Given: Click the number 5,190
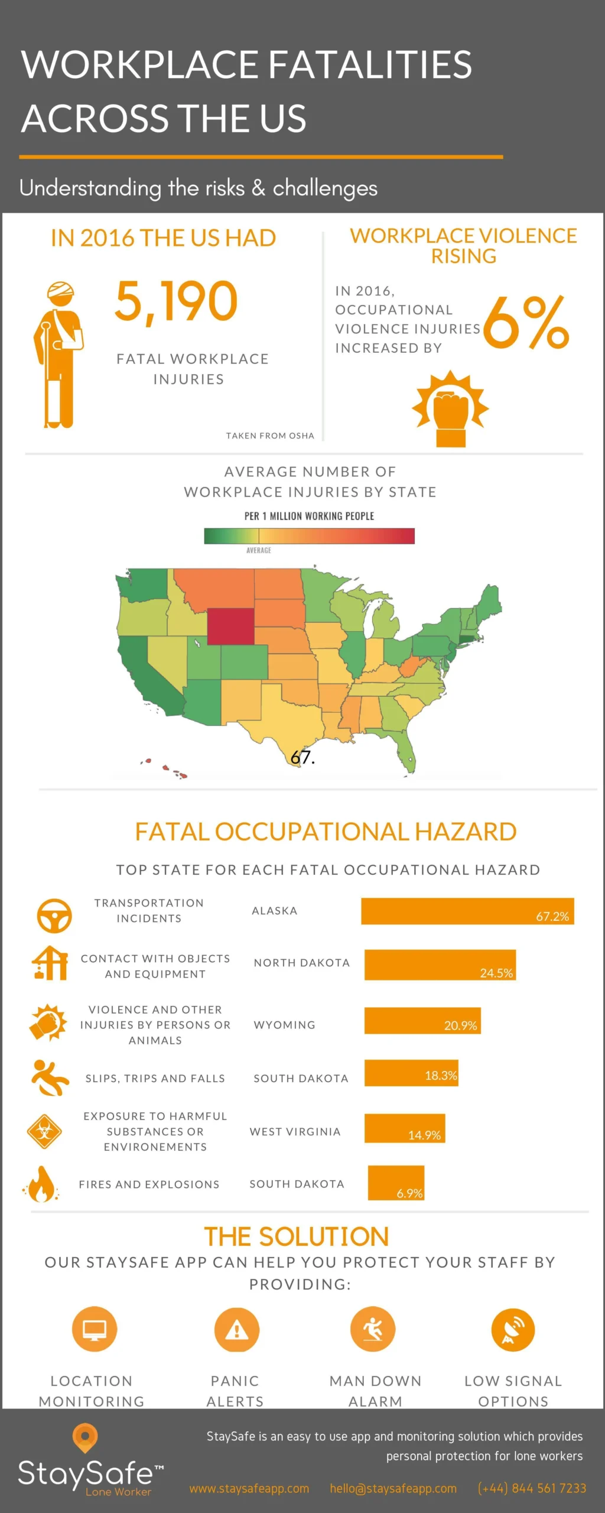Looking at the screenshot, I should (176, 301).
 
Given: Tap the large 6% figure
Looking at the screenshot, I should (526, 323).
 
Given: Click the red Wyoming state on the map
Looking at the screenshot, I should (231, 626).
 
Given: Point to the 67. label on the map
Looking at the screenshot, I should (302, 757).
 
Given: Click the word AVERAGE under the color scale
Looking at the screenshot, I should (259, 550).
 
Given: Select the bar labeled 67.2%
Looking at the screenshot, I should (467, 911).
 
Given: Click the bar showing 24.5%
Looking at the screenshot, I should (440, 965).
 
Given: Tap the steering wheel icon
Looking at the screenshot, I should (54, 915).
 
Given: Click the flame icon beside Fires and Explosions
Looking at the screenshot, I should (41, 1184).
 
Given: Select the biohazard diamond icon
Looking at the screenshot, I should (44, 1131).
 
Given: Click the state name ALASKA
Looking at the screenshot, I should (275, 911).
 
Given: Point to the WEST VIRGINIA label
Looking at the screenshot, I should (295, 1131).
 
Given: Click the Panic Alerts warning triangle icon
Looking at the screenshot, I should (236, 1329).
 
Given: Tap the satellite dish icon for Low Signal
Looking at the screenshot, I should (513, 1329).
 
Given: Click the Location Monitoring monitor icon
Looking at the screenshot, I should (95, 1329).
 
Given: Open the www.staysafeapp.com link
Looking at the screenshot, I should (249, 1488).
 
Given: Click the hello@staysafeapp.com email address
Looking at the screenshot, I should (393, 1488).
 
